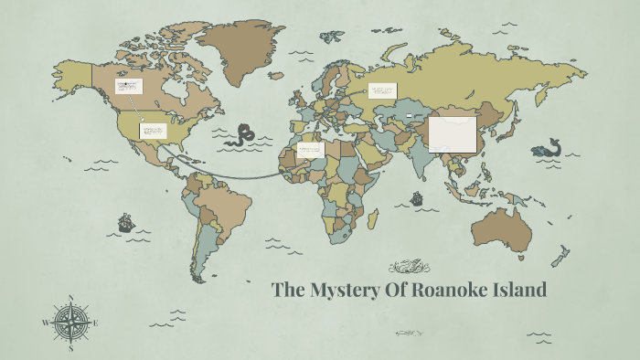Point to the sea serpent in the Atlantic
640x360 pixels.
[243, 135]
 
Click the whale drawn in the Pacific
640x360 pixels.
[548, 149]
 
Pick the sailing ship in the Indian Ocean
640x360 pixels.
[417, 197]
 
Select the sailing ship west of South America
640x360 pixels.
[125, 222]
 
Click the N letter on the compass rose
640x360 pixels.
[71, 297]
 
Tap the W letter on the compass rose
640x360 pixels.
[45, 323]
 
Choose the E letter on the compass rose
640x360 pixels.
[96, 323]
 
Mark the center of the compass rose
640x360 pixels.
[70, 323]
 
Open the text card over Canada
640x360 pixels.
[129, 87]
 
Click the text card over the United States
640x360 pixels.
[153, 131]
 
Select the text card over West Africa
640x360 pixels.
[311, 149]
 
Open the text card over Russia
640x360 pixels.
[382, 90]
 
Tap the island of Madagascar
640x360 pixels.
[373, 217]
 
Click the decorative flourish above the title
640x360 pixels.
[409, 268]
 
